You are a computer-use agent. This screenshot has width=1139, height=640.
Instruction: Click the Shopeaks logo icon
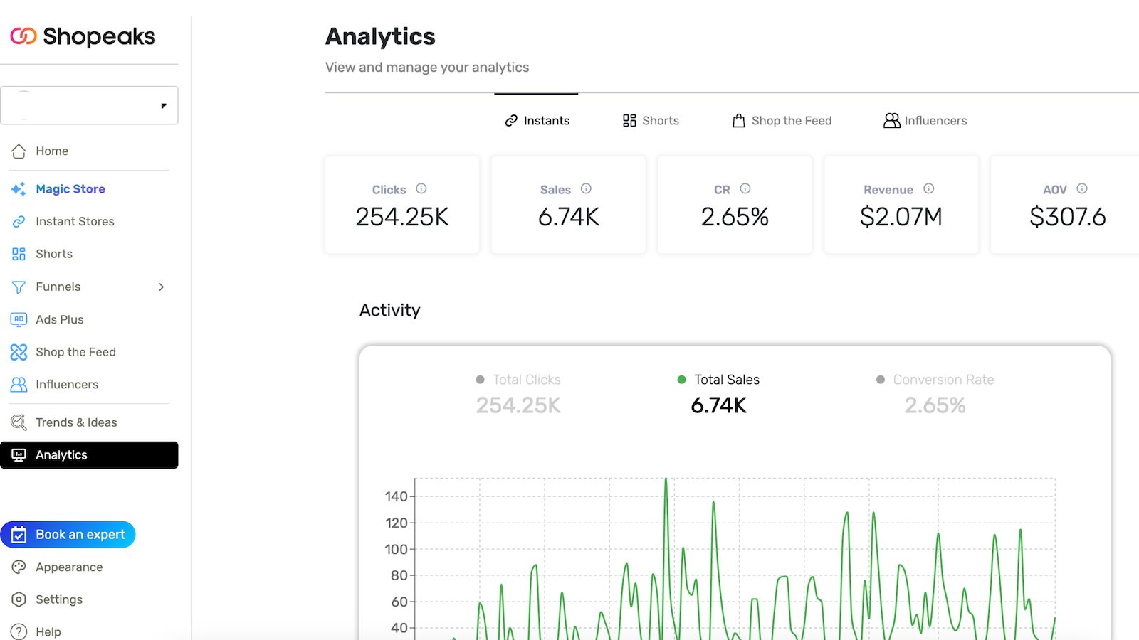click(23, 36)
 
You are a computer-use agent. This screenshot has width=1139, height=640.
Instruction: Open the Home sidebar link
click(52, 151)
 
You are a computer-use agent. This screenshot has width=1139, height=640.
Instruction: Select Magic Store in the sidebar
click(70, 189)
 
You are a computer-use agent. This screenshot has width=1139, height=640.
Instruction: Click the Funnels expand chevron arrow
click(162, 287)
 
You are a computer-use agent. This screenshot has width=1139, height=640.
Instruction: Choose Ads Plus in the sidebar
click(59, 319)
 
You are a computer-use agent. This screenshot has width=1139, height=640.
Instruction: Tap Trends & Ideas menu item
click(76, 422)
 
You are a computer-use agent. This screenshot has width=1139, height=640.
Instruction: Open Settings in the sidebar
click(58, 599)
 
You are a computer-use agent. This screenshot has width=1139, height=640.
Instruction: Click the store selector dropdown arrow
click(164, 106)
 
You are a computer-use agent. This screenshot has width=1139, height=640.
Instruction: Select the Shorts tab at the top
click(651, 121)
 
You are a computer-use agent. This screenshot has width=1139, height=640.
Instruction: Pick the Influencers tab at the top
click(925, 121)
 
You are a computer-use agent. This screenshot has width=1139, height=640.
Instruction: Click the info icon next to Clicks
click(421, 188)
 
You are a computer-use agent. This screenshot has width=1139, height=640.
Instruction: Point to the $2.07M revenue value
click(901, 217)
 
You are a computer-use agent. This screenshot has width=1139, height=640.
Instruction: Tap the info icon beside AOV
click(1082, 188)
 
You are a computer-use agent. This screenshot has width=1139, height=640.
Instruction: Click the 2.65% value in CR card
click(735, 217)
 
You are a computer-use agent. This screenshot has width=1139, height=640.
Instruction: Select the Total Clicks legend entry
click(526, 380)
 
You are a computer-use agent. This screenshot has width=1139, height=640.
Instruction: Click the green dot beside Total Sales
click(681, 380)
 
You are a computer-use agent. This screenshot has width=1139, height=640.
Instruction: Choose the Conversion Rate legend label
click(943, 380)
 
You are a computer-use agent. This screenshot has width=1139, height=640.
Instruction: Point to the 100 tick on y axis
click(396, 549)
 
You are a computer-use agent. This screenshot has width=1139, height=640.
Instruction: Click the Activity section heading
click(389, 310)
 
